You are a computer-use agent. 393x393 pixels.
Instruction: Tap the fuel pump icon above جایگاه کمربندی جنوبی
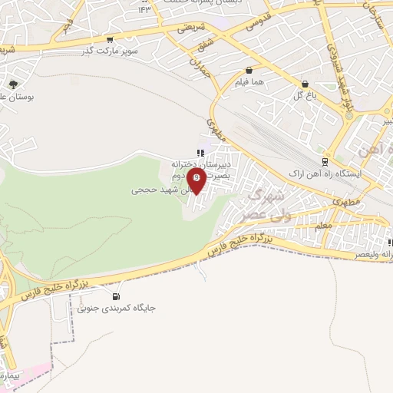(116, 296)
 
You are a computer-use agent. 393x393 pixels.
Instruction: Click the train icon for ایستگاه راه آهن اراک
(325, 162)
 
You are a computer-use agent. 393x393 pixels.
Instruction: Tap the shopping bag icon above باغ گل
(305, 84)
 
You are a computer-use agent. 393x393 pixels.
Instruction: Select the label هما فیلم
(247, 81)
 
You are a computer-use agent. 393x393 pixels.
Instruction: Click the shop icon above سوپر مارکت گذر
(112, 40)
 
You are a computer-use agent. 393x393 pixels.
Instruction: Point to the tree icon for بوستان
(14, 85)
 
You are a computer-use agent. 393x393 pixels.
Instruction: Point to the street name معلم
(322, 224)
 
